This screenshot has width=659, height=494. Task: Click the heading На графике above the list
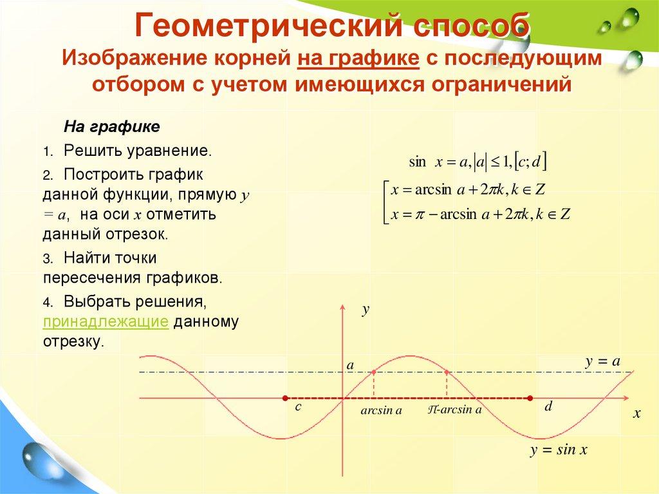[111, 126]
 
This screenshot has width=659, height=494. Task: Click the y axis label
[365, 310]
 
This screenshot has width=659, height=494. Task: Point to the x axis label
[637, 414]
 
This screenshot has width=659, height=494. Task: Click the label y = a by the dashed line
[602, 362]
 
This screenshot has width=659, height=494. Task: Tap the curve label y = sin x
[559, 450]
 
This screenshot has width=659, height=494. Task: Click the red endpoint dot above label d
[530, 398]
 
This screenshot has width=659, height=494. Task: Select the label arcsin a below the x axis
[381, 410]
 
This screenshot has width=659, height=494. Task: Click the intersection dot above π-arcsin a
[447, 372]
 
